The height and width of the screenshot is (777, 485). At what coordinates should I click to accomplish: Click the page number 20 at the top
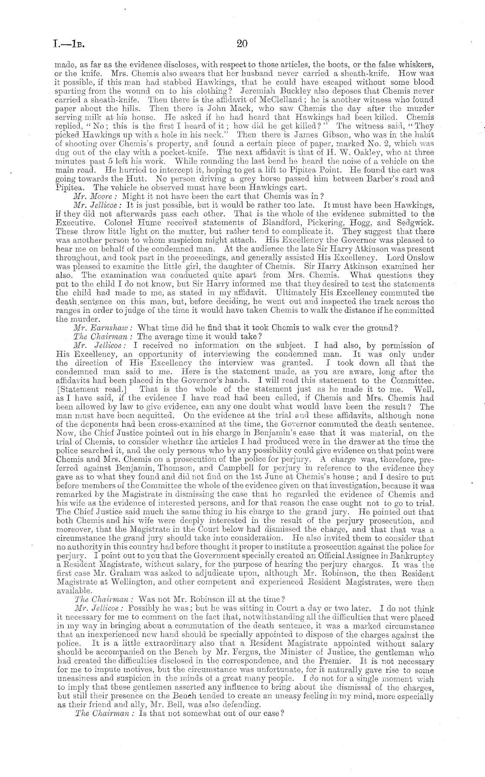242,44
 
